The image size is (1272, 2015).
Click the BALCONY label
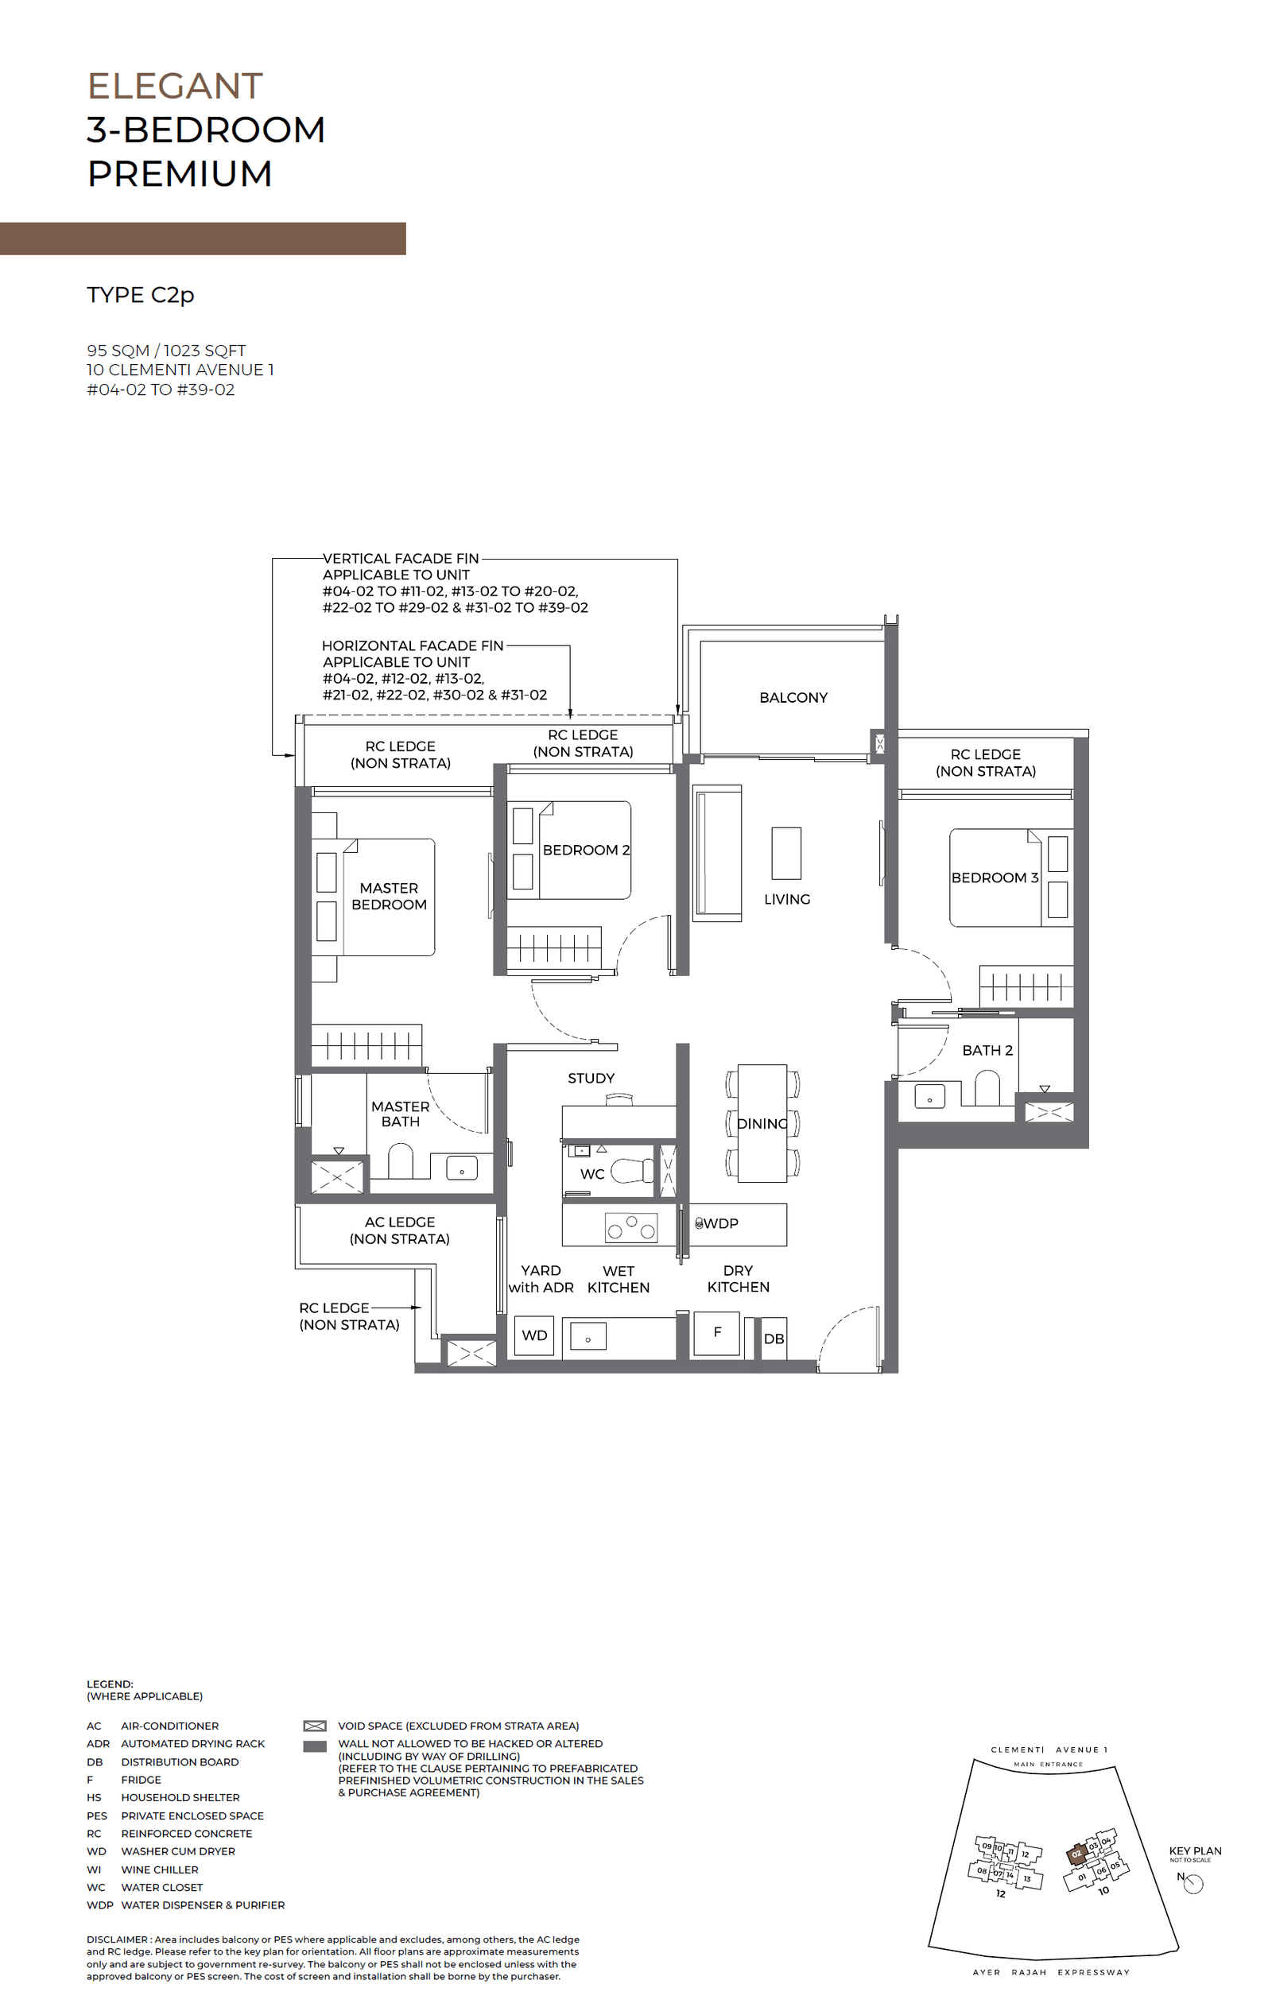click(793, 697)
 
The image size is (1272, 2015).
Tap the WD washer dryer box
click(534, 1335)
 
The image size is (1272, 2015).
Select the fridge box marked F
click(717, 1332)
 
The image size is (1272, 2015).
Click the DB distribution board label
click(774, 1339)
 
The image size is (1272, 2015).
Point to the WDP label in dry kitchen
click(720, 1223)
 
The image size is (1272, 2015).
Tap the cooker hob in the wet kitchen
click(631, 1227)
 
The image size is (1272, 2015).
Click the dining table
click(762, 1123)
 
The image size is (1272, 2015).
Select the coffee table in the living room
click(785, 853)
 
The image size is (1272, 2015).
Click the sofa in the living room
click(717, 853)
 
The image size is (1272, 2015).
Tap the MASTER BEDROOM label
click(388, 896)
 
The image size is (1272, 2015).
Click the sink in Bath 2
click(929, 1095)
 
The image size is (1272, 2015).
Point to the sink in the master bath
click(461, 1168)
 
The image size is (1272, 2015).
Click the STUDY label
click(591, 1078)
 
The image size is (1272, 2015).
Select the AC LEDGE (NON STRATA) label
click(399, 1230)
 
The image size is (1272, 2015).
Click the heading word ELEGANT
click(175, 86)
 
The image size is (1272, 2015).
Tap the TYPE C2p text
click(141, 295)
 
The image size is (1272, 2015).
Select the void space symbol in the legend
click(315, 1726)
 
